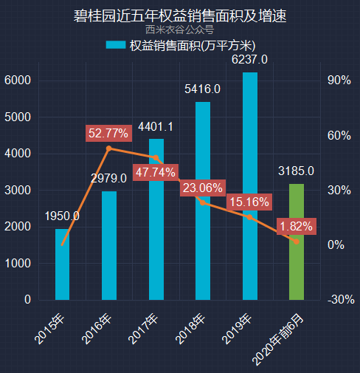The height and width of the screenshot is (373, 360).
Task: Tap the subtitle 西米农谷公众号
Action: (180, 30)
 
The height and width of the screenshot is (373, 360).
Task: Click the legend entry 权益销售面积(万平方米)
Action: (180, 45)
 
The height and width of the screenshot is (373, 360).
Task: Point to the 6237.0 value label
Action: (250, 59)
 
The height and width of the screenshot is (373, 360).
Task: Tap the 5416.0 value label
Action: (203, 89)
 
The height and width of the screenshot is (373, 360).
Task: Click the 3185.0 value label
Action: (297, 171)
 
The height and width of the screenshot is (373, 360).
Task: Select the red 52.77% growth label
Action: (108, 134)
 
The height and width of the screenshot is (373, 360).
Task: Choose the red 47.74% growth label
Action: (155, 172)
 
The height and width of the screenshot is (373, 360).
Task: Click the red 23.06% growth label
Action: (202, 188)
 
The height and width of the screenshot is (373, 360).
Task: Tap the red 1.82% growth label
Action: (296, 225)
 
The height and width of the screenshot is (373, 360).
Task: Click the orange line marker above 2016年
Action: (109, 148)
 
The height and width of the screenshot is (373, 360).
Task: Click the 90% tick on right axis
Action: (339, 81)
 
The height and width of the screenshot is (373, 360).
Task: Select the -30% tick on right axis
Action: (340, 300)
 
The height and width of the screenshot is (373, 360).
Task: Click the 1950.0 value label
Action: (63, 216)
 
